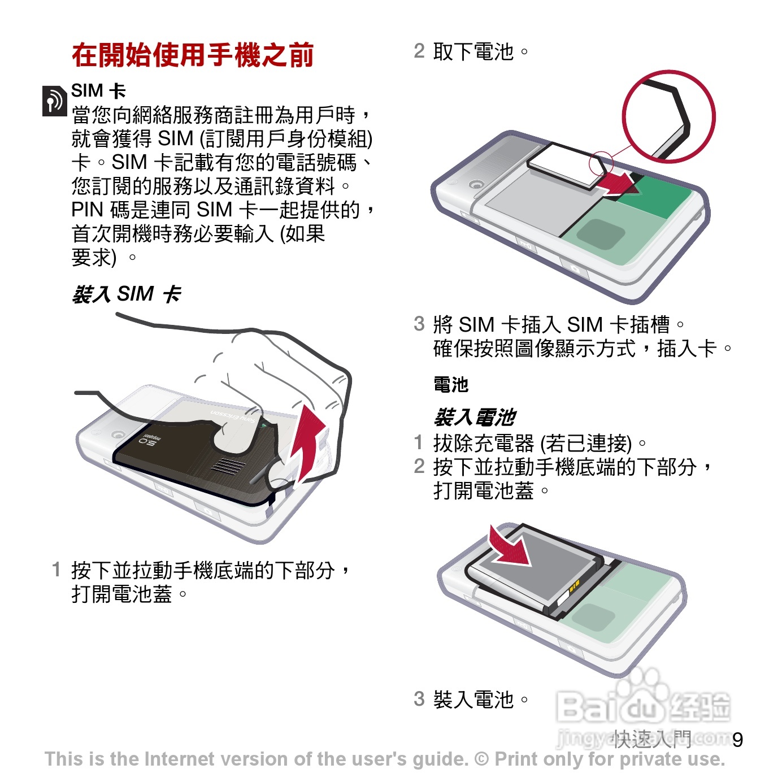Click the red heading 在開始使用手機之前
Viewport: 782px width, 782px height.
coord(193,55)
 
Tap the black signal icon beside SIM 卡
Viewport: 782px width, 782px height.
coord(54,101)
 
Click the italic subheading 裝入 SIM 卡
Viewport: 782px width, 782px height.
coord(126,294)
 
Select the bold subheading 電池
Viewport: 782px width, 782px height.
coord(451,384)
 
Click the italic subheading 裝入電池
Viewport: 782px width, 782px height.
coord(475,417)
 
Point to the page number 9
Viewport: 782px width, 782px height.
coord(737,740)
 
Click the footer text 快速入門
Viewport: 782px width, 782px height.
coord(651,739)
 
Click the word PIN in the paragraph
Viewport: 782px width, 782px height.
coord(87,210)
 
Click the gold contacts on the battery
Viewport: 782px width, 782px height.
coord(574,586)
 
